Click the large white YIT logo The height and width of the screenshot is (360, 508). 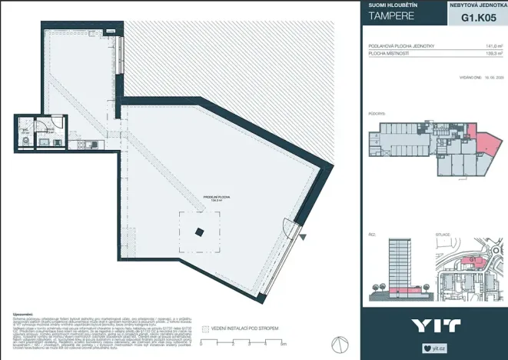(x=435, y=325)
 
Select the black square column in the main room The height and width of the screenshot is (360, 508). (x=199, y=233)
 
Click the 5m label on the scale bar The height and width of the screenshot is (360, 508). (x=263, y=343)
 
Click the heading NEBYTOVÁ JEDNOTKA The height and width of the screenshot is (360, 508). (x=477, y=5)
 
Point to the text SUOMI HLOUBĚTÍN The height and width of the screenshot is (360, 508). (x=393, y=5)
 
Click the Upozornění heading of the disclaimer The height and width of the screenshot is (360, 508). (x=23, y=315)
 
